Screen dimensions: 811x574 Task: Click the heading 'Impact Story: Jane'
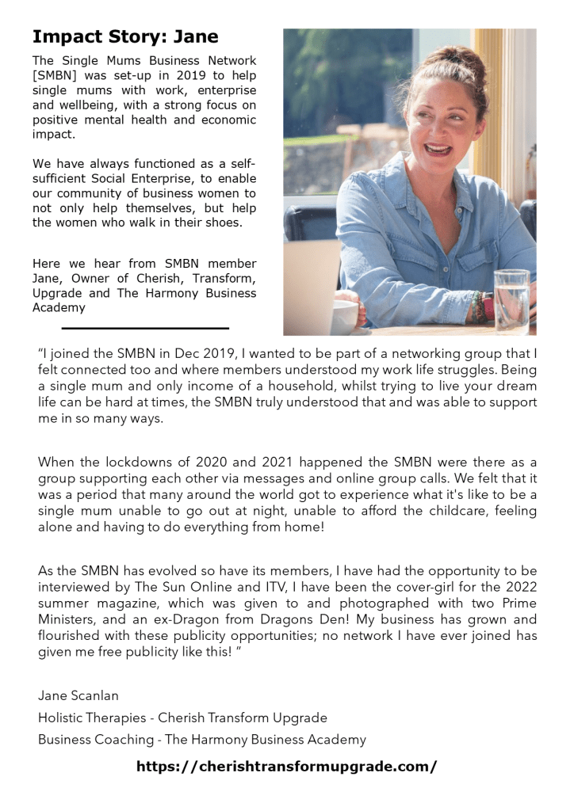coord(125,36)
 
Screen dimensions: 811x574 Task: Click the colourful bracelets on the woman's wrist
coord(480,304)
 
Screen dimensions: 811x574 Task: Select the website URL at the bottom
coord(286,767)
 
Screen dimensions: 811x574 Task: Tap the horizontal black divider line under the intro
coord(145,328)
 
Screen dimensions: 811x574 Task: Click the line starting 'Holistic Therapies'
coord(182,718)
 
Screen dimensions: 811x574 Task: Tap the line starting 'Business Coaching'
coord(201,740)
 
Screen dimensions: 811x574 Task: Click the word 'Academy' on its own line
coord(59,308)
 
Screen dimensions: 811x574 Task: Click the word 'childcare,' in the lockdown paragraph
coord(438,511)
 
